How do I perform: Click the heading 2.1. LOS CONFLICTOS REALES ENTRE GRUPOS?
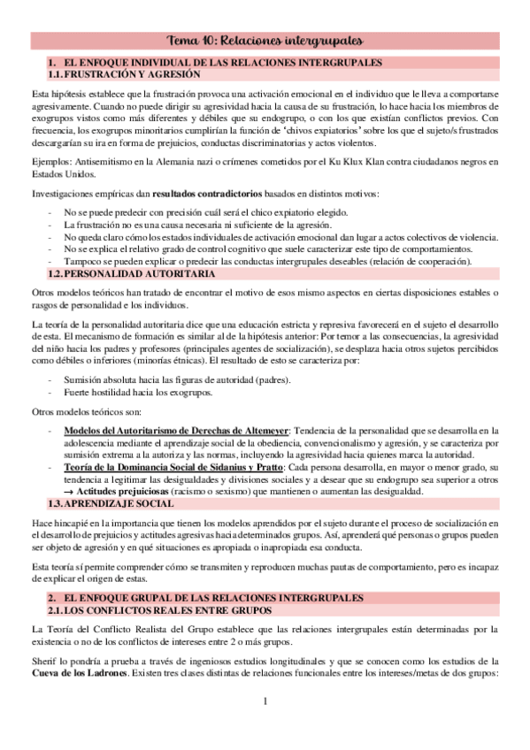click(157, 586)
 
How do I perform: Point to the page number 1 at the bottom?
click(265, 702)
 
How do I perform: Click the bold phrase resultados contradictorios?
click(204, 194)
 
